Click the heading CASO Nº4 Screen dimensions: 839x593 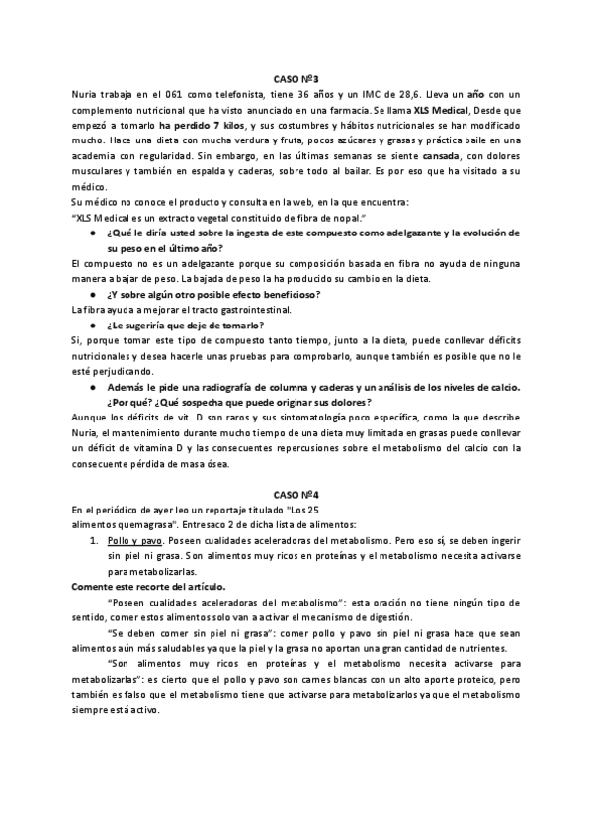[x=296, y=493]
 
